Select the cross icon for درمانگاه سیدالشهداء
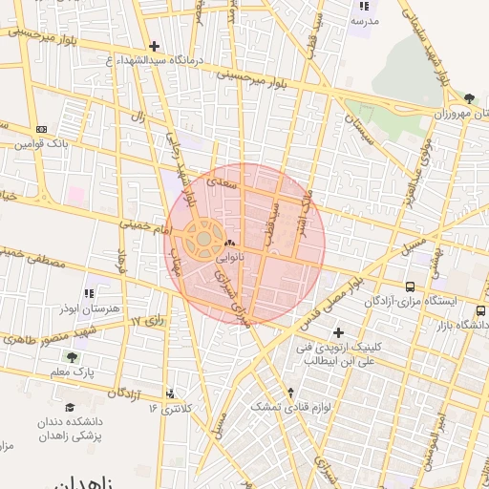[x=154, y=46]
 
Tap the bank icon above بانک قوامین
[x=40, y=129]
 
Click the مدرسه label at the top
[x=365, y=20]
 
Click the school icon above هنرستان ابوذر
[x=90, y=293]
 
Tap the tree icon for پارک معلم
[x=72, y=358]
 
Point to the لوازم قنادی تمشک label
[x=289, y=406]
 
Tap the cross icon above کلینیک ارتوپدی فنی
[x=337, y=331]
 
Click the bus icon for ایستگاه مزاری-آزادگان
[x=411, y=286]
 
